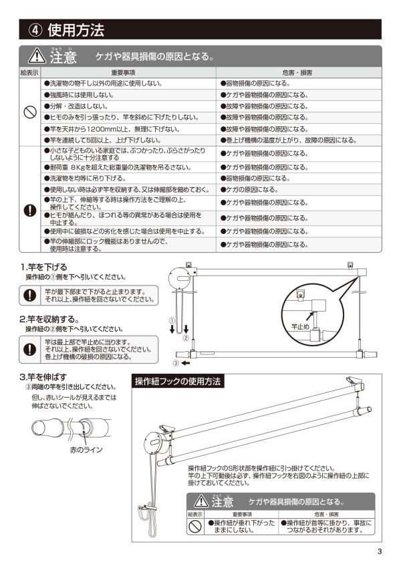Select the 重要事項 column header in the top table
pyautogui.click(x=123, y=72)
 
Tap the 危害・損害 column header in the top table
pyautogui.click(x=300, y=72)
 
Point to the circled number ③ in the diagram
pyautogui.click(x=176, y=364)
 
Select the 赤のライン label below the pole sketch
pyautogui.click(x=87, y=450)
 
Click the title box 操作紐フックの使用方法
pyautogui.click(x=177, y=382)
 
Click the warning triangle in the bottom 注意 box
pyautogui.click(x=200, y=500)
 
